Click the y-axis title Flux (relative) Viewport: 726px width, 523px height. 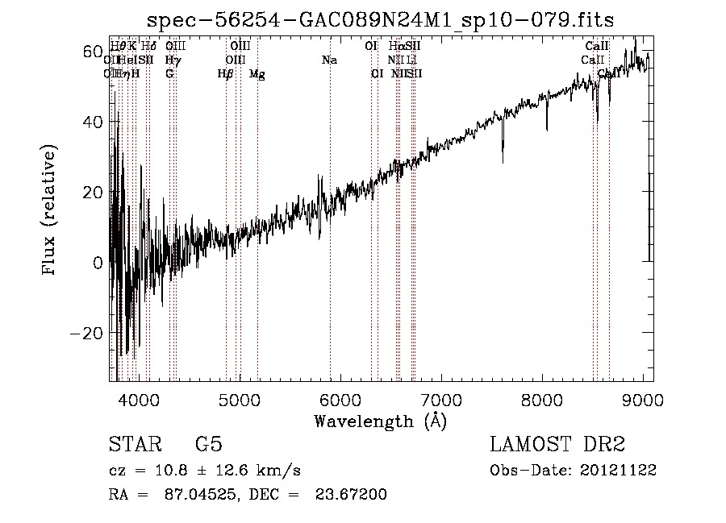(50, 211)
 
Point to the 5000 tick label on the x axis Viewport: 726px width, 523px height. (239, 399)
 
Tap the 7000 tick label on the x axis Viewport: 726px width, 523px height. (440, 399)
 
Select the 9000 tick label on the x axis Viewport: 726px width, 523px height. (642, 399)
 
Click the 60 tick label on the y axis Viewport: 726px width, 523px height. (92, 52)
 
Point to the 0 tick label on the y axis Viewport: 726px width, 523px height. (98, 263)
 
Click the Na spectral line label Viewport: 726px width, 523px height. (329, 60)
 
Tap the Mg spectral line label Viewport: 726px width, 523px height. (257, 74)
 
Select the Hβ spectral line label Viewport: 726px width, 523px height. (226, 74)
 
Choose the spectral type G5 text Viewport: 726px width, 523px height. (208, 445)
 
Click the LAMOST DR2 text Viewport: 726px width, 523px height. (557, 445)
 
